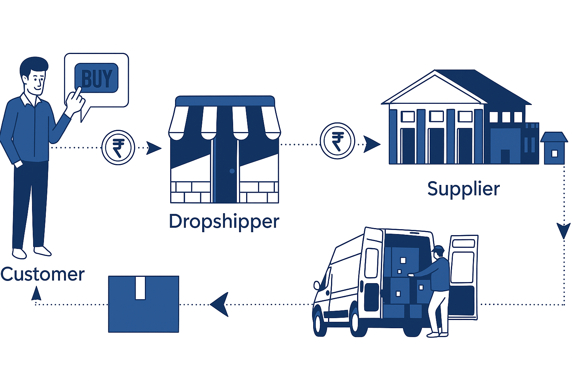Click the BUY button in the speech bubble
pos(96,78)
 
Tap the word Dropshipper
pos(224,221)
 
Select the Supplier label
pos(463,189)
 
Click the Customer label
pos(42,274)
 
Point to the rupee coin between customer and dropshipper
pos(118,147)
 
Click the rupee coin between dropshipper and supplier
pos(337,141)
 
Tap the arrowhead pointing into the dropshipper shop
pos(153,148)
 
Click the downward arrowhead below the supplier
pos(563,231)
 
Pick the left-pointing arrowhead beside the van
pos(220,304)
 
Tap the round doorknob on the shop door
pos(232,171)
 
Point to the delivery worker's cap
pos(439,248)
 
